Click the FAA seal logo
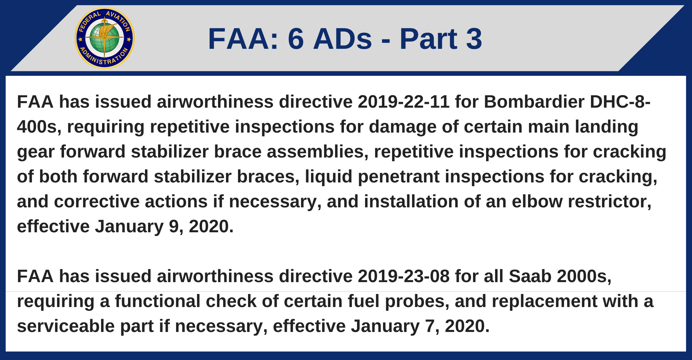104,38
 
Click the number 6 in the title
296,39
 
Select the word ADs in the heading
343,39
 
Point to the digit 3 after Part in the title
474,39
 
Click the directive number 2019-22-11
404,102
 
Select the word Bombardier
534,102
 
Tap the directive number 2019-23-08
404,276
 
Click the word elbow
537,201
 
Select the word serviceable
66,326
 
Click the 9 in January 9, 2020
174,227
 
